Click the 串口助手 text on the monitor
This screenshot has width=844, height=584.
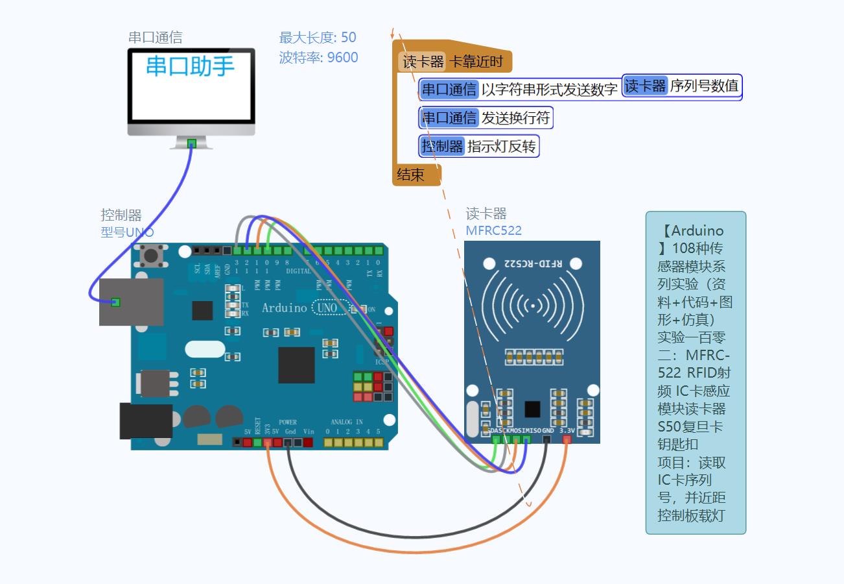[190, 66]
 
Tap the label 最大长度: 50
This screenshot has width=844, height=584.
[318, 38]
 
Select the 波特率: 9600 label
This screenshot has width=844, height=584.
[318, 57]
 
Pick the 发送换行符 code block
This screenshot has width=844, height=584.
[486, 117]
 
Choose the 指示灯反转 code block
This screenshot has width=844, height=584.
[479, 146]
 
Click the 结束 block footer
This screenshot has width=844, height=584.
[411, 175]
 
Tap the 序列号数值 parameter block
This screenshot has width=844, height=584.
[682, 86]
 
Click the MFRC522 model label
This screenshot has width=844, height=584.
[493, 230]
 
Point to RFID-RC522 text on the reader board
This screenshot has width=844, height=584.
[532, 263]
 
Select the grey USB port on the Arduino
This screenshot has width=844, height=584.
[132, 302]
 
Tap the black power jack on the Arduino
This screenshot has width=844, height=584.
[146, 420]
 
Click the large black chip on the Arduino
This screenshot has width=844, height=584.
[296, 365]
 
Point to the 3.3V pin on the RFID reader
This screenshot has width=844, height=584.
[567, 439]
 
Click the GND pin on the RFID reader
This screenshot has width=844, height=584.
[547, 439]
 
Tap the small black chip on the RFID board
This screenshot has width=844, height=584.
[532, 409]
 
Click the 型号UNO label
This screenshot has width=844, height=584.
[127, 232]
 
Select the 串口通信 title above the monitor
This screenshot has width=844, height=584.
[155, 38]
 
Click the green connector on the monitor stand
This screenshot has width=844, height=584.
[191, 143]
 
